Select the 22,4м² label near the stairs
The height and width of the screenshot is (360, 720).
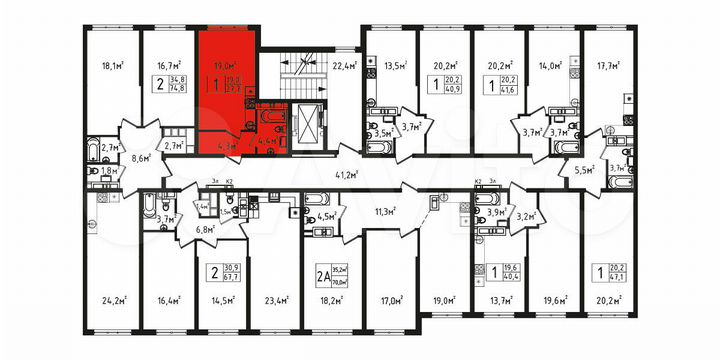pyautogui.click(x=342, y=68)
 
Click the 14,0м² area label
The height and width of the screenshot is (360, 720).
pyautogui.click(x=548, y=68)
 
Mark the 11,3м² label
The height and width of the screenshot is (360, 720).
pyautogui.click(x=385, y=212)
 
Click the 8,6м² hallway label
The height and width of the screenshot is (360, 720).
pyautogui.click(x=144, y=157)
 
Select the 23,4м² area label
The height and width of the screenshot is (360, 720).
pyautogui.click(x=276, y=298)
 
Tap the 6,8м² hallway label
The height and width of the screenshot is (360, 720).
pyautogui.click(x=207, y=229)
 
